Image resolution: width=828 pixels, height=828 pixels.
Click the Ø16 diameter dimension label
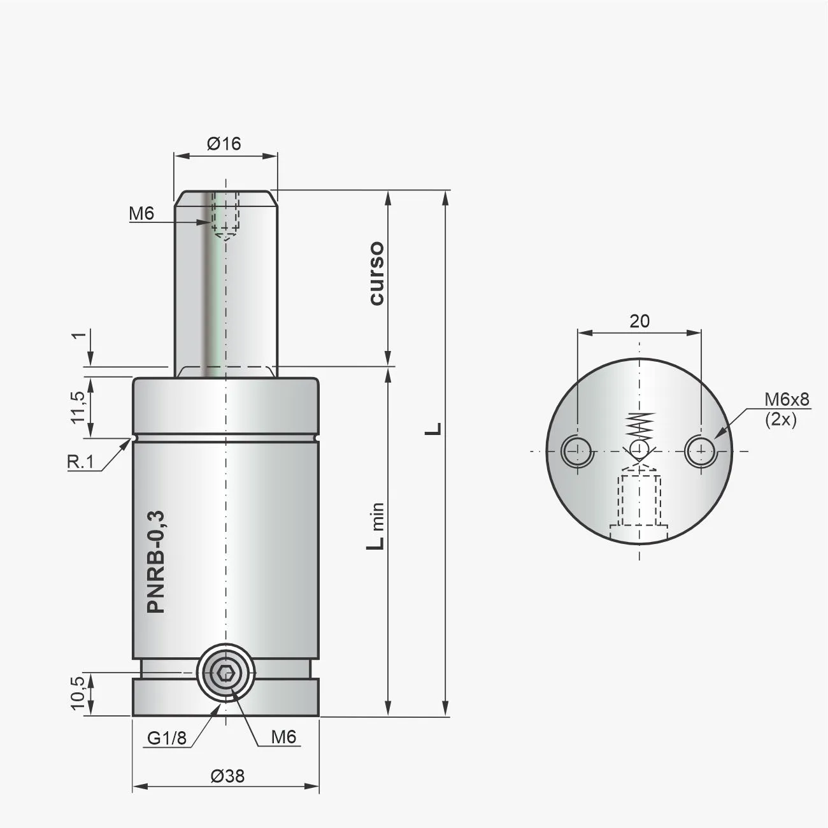(x=224, y=144)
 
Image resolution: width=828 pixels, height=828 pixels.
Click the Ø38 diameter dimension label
(x=226, y=776)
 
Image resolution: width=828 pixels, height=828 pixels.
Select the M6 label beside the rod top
(x=141, y=213)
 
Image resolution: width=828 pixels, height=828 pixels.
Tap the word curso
(x=376, y=273)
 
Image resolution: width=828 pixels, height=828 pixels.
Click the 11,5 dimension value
(x=77, y=408)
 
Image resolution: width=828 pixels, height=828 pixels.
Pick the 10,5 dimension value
(x=77, y=693)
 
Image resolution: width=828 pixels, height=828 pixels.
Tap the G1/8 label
(x=167, y=738)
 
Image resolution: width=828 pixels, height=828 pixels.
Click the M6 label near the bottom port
(x=283, y=738)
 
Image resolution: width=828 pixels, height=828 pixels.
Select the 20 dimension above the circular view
(x=639, y=321)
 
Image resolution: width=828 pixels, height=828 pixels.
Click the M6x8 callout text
(x=787, y=399)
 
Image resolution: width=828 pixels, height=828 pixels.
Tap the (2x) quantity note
(x=780, y=420)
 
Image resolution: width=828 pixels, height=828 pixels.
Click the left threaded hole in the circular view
(x=576, y=452)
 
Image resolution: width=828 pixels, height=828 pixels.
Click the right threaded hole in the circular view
(x=700, y=452)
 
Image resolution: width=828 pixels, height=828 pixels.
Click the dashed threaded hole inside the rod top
(x=225, y=213)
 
